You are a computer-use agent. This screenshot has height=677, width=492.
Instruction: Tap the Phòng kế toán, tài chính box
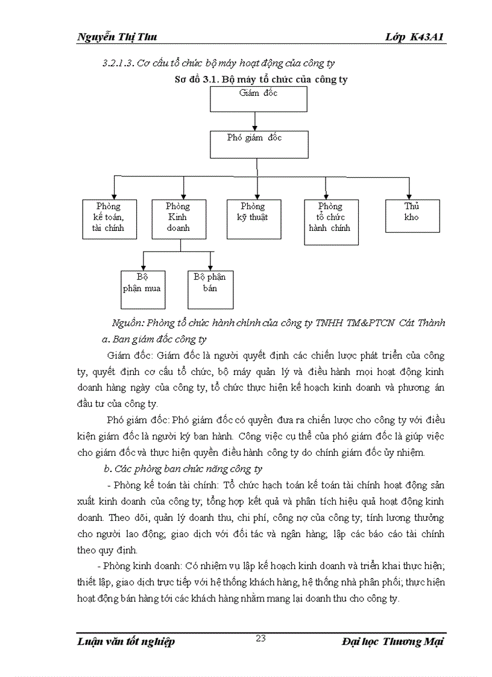coord(109,218)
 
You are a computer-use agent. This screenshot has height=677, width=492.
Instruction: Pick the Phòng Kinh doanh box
coord(178,218)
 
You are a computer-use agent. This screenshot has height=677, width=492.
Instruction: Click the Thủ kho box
coord(412,215)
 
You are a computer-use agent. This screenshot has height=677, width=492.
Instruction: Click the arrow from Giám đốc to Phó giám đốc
coord(256,121)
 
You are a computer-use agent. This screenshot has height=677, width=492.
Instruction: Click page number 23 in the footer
coord(260,639)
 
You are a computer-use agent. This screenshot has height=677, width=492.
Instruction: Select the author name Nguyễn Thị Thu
coord(117,37)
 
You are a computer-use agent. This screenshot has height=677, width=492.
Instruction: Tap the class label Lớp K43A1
coord(415,37)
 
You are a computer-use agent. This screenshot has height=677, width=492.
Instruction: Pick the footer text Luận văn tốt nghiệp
coord(126,641)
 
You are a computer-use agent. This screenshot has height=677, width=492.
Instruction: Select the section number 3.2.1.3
coord(118,63)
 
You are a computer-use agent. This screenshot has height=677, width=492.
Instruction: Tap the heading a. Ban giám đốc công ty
coord(155,339)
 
